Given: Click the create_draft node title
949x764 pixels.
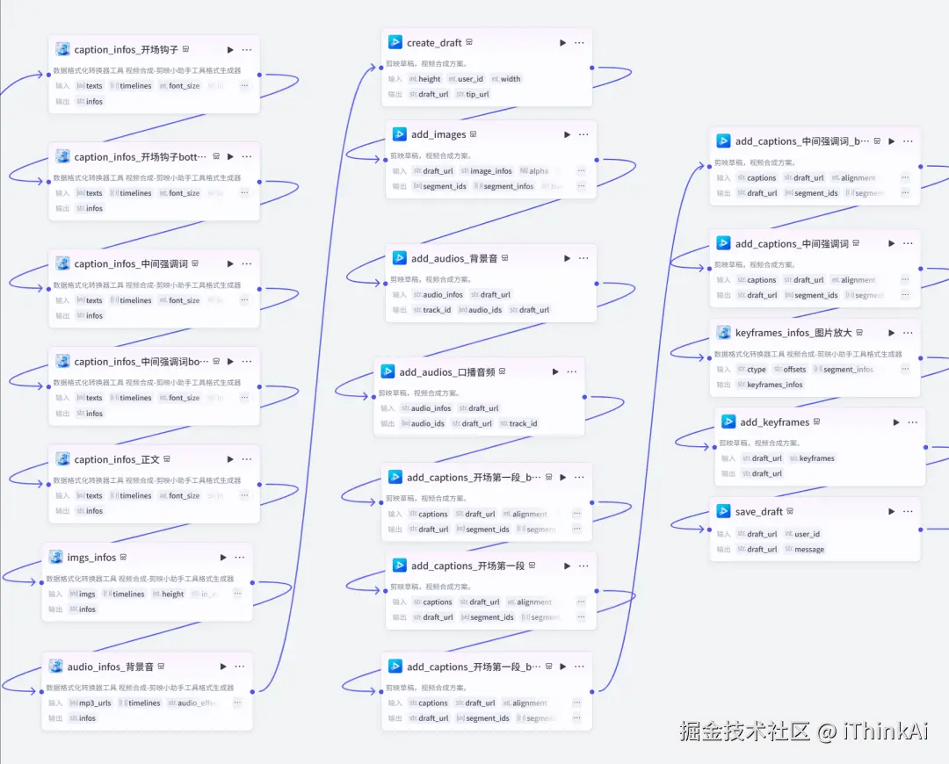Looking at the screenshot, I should click(434, 43).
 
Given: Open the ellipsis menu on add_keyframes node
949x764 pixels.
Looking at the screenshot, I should click(914, 422).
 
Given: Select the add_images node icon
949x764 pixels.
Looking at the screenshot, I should click(398, 134).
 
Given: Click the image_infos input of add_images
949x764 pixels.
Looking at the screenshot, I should click(490, 171).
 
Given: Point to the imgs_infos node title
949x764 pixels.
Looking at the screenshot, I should click(91, 558).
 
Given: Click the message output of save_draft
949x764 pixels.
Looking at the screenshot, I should click(808, 550).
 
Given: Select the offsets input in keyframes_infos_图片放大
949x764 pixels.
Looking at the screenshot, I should click(793, 370).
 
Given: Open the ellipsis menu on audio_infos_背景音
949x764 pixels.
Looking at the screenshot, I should click(239, 667).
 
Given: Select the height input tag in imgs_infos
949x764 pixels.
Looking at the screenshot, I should click(172, 595).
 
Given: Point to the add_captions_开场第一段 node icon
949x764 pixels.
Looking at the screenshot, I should click(398, 566).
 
